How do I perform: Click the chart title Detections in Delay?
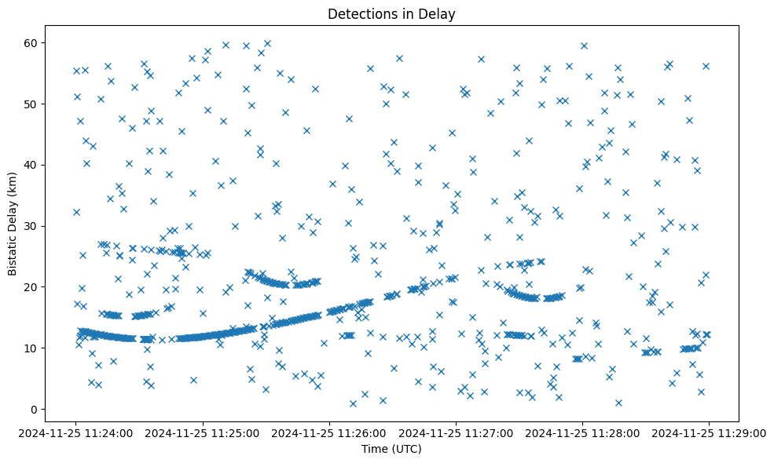391,14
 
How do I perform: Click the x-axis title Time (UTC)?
391,449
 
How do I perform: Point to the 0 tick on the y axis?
35,409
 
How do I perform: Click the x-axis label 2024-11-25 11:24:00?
75,432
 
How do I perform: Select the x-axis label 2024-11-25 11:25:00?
202,432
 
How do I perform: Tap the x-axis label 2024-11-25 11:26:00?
328,432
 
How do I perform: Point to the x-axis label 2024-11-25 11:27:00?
455,432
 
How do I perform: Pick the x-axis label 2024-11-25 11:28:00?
581,432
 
